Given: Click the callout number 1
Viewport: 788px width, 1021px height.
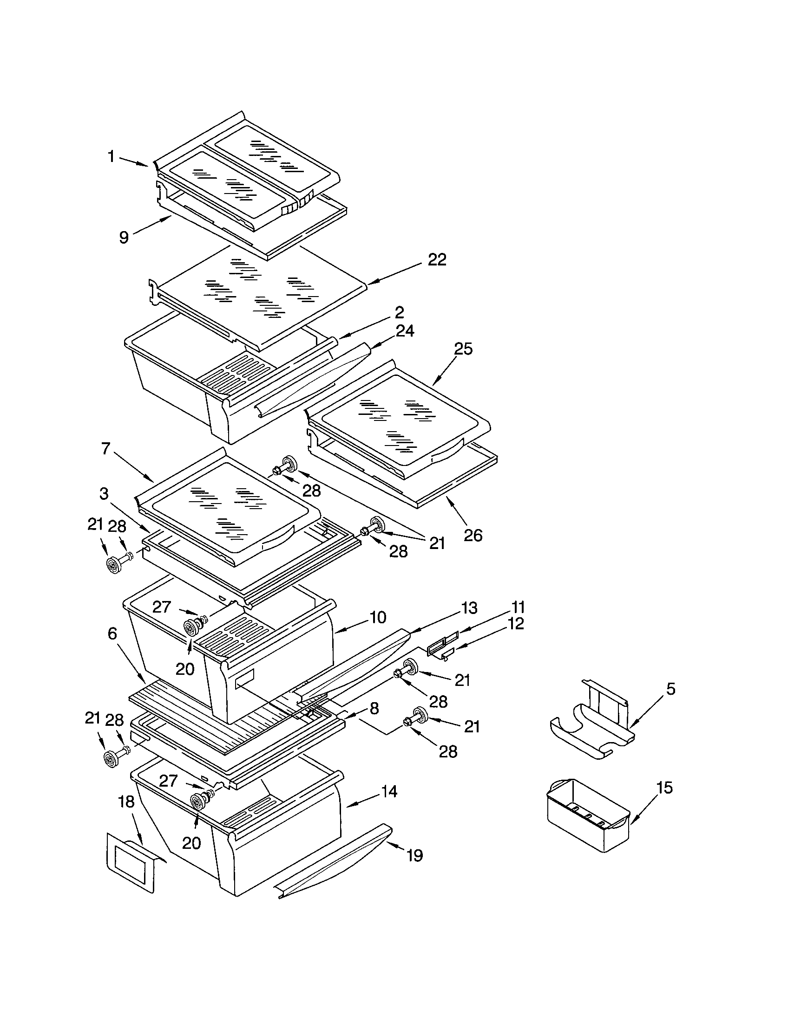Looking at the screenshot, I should tap(111, 156).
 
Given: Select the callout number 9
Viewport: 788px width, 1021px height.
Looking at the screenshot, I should tap(124, 238).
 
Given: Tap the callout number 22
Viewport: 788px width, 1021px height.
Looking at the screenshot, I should tap(437, 260).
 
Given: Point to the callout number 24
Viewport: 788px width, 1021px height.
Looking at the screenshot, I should tap(404, 331).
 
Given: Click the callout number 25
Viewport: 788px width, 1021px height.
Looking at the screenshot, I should tap(463, 349).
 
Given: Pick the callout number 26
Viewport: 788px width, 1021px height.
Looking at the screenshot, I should tap(473, 535).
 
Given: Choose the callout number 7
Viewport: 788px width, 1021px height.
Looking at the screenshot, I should tap(106, 449).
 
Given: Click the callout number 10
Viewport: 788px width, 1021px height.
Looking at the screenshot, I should tap(378, 618).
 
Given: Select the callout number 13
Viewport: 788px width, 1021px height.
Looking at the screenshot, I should tap(468, 608).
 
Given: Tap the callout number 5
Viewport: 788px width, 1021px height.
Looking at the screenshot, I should tap(670, 689).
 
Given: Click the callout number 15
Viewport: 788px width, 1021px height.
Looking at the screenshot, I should tap(664, 788).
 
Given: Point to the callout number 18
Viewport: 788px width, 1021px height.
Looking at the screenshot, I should tap(127, 802).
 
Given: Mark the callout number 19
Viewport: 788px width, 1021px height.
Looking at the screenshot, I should tap(414, 855).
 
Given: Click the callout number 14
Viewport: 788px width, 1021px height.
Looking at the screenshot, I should tap(389, 791).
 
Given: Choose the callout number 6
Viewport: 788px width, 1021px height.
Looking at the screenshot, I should tap(112, 634).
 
